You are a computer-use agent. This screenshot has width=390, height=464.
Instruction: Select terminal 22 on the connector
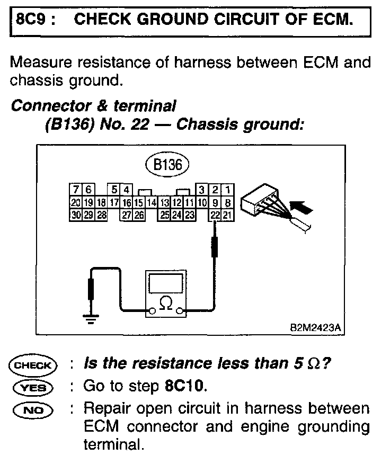tap(215, 215)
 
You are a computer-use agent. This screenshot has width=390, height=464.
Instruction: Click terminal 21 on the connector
tap(227, 215)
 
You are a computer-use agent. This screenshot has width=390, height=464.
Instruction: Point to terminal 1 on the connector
tap(227, 190)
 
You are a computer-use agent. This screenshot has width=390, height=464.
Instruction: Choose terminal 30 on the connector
tap(76, 215)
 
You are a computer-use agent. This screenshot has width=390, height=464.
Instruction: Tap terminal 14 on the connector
tap(152, 202)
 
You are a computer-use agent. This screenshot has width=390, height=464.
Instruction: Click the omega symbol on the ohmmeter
tap(166, 304)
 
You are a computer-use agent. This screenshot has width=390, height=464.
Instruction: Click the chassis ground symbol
tap(91, 318)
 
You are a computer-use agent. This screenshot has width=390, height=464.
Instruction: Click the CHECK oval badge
tap(32, 365)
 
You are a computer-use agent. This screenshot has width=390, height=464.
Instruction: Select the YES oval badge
tap(32, 387)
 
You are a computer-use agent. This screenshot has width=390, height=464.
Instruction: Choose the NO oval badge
tap(32, 409)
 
